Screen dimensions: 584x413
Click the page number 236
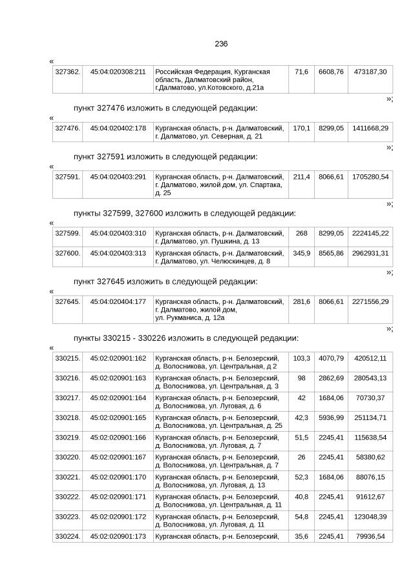pos(221,44)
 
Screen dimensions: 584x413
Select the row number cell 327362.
pos(67,71)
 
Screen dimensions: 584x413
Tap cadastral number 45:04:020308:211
pos(118,71)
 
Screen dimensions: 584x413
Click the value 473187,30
pos(370,71)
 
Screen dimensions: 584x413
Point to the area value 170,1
pos(302,128)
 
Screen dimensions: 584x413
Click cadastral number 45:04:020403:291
pos(118,176)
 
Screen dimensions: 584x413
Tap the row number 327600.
pos(67,253)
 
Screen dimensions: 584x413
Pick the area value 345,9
pos(302,253)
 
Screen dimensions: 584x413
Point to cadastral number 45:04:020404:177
pos(118,301)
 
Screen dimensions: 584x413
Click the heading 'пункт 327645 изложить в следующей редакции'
pos(165,281)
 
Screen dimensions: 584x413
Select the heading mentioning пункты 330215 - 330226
pos(186,337)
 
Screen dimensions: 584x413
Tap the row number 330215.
pos(67,358)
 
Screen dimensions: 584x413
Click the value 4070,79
pos(331,358)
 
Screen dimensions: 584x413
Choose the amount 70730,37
pos(370,398)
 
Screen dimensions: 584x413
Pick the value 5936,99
pos(331,418)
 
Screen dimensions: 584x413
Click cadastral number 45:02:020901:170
pos(118,477)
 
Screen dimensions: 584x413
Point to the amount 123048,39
pos(370,517)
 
